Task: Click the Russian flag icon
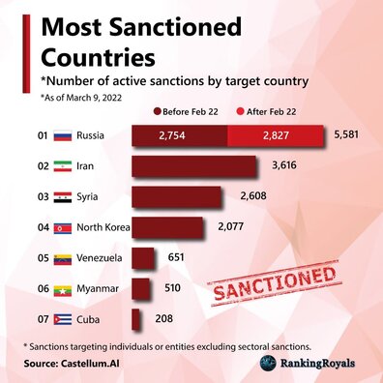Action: click(x=64, y=135)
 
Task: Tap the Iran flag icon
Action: click(x=64, y=166)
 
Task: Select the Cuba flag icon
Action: click(x=64, y=317)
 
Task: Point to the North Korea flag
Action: click(x=64, y=227)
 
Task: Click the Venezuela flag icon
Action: click(x=64, y=258)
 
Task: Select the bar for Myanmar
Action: click(x=141, y=288)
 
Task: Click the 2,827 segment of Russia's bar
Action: click(x=274, y=135)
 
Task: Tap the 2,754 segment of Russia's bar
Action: click(x=179, y=135)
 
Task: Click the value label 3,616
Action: click(x=283, y=166)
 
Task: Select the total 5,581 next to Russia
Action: click(x=345, y=134)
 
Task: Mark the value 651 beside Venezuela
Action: click(x=176, y=258)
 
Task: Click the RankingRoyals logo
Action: click(x=309, y=363)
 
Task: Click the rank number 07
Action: click(x=42, y=317)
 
